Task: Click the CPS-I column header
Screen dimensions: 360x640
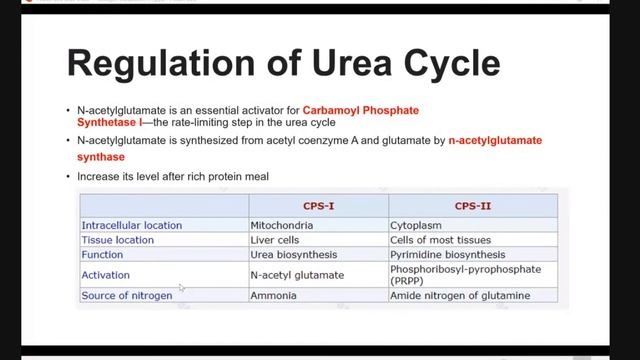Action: tap(318, 204)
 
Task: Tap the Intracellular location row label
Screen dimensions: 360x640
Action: tap(132, 225)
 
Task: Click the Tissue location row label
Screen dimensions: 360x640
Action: tap(118, 240)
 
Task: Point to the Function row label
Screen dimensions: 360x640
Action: tap(101, 255)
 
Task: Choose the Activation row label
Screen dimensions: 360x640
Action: tap(106, 274)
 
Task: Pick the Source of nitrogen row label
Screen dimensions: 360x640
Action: tap(127, 295)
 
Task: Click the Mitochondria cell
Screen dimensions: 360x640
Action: tap(285, 225)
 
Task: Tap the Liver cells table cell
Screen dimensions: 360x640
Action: tap(278, 240)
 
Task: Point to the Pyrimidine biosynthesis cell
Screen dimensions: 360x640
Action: tap(448, 255)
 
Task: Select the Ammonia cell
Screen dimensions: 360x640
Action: tap(275, 295)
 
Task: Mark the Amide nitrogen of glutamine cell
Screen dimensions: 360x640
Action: tap(459, 295)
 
